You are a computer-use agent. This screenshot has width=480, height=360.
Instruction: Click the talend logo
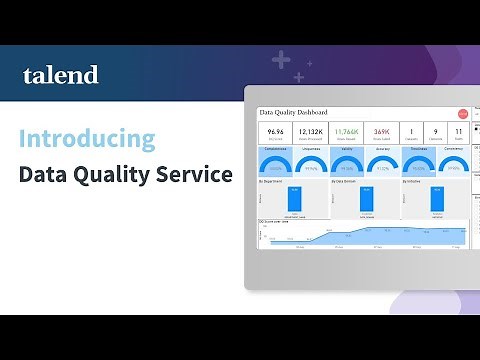pos(61,75)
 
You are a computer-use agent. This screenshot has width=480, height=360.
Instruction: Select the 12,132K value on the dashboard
pos(310,131)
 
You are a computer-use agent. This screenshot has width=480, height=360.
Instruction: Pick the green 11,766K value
pos(346,131)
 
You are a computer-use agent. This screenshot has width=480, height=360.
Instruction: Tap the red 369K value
pos(382,131)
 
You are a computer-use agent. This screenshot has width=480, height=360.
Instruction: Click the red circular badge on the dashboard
pos(461,114)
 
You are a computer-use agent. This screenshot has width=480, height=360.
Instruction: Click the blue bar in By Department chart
pos(294,199)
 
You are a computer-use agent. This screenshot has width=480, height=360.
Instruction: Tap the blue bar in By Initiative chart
pos(436,199)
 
